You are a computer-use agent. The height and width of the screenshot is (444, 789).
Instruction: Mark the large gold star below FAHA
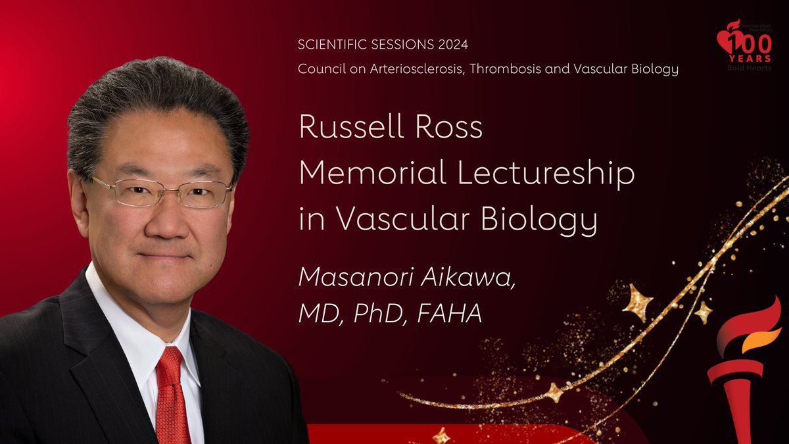636,302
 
